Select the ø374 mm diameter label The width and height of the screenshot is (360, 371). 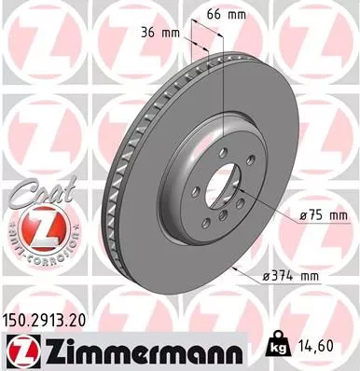click(294, 276)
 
